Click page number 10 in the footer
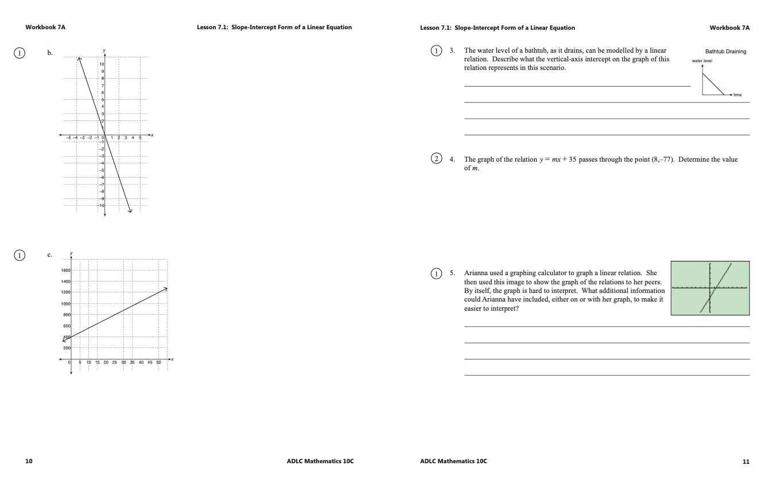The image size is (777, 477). tap(29, 461)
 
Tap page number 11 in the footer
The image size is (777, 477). tap(745, 461)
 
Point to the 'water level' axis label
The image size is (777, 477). tap(702, 60)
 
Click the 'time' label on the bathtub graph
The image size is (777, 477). tap(737, 95)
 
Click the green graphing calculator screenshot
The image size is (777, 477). tap(710, 288)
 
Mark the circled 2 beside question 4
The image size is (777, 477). tap(437, 159)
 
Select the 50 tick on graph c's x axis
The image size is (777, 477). tap(159, 362)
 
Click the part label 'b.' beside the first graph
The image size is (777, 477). tap(50, 53)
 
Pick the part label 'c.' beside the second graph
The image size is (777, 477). tap(50, 255)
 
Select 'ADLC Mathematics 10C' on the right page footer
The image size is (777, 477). tap(453, 461)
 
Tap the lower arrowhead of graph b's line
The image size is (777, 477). tap(130, 210)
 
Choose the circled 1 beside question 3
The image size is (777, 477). tap(437, 50)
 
